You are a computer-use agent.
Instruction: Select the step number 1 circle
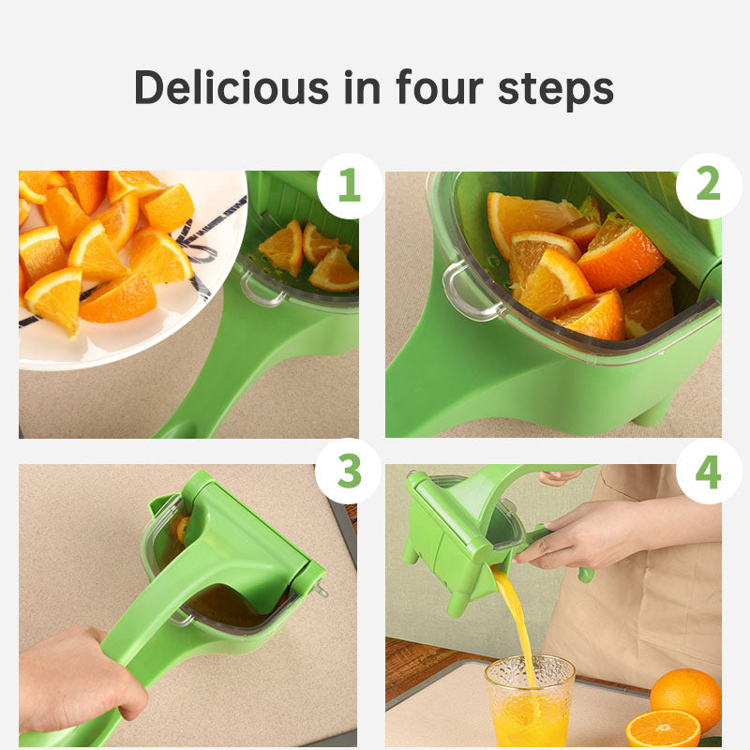click(349, 186)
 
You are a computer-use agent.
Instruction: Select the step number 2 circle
click(708, 186)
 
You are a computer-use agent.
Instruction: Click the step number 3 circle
click(349, 472)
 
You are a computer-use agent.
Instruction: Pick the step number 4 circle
click(708, 472)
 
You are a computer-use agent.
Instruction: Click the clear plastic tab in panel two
click(460, 290)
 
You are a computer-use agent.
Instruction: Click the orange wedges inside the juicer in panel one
click(309, 254)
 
